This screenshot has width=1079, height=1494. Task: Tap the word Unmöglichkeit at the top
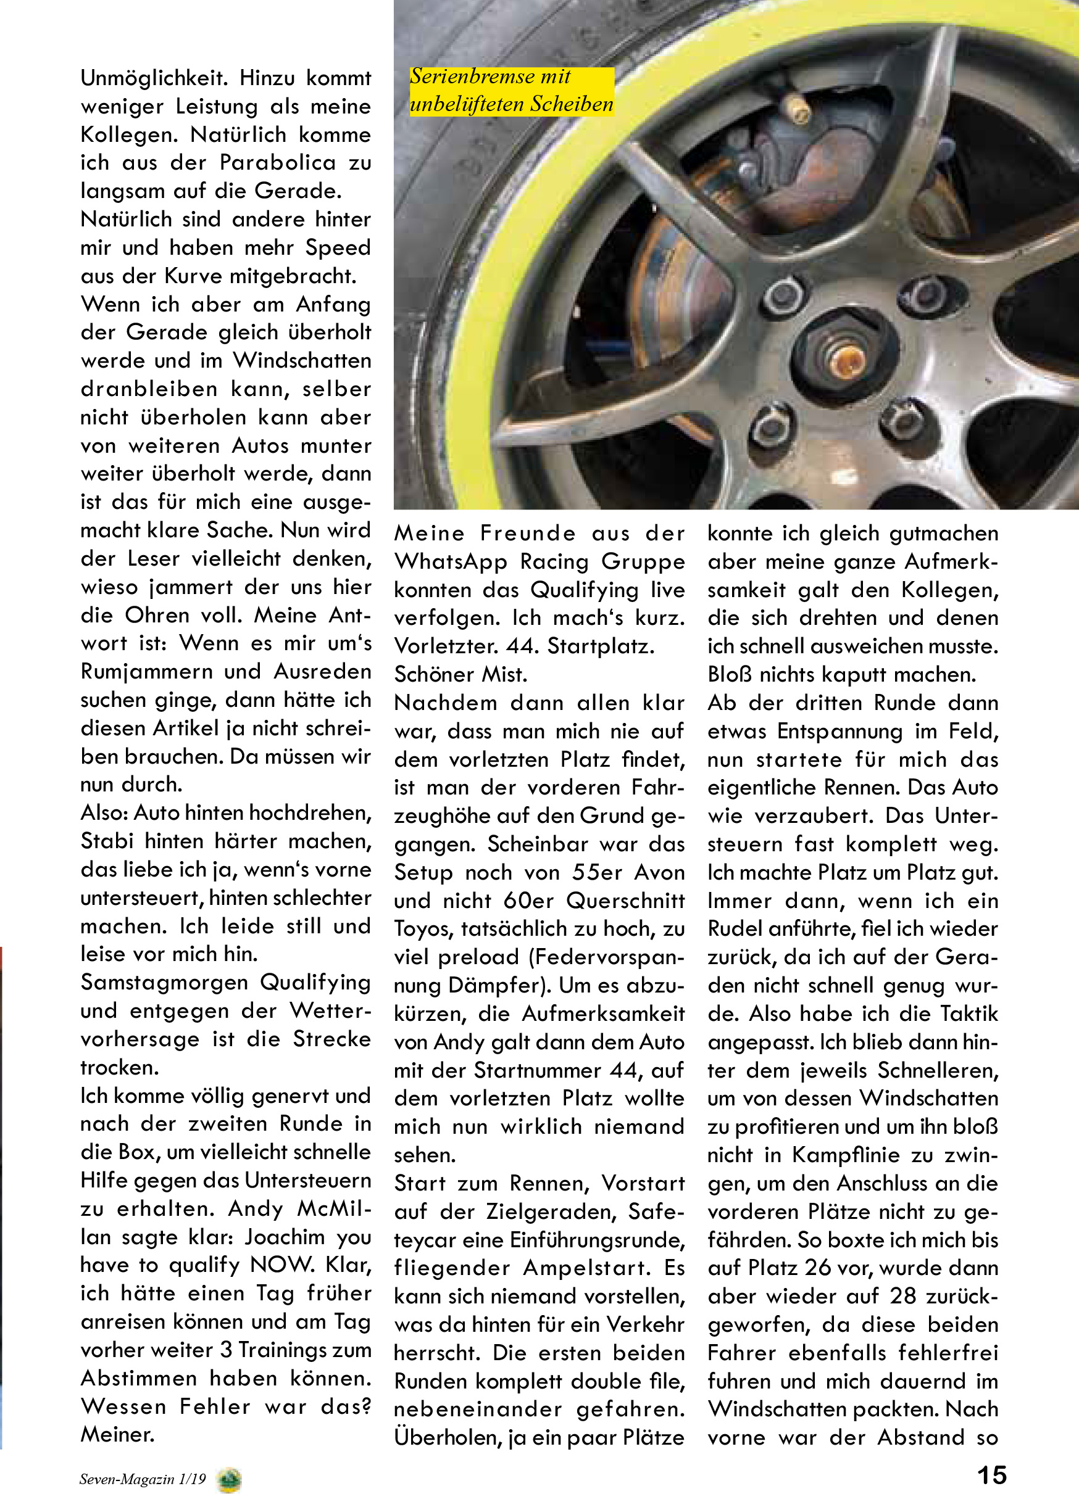(x=154, y=78)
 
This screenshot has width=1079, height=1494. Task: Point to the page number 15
(x=991, y=1474)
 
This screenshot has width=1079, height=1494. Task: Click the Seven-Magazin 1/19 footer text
(x=143, y=1479)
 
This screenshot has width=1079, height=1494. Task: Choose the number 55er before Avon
(x=596, y=872)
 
